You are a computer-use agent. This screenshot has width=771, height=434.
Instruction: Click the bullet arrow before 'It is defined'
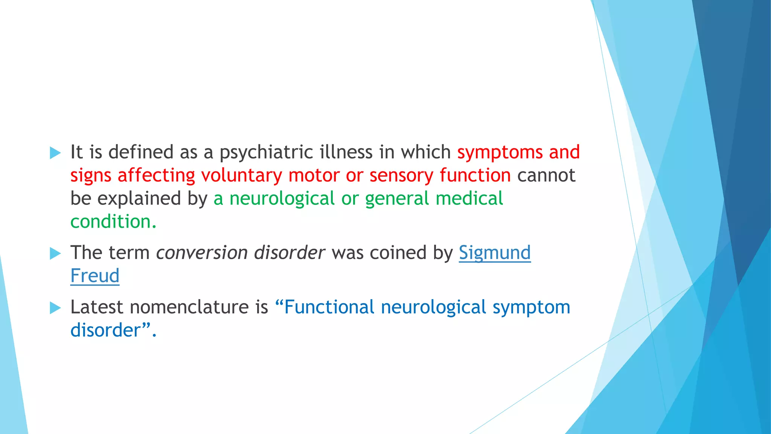pyautogui.click(x=55, y=153)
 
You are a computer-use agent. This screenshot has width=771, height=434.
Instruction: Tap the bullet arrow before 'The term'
pyautogui.click(x=55, y=254)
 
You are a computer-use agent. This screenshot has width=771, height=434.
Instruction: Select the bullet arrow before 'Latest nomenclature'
pyautogui.click(x=55, y=308)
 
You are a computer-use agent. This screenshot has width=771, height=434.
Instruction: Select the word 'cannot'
pyautogui.click(x=546, y=176)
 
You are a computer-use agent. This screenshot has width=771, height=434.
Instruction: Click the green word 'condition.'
pyautogui.click(x=113, y=222)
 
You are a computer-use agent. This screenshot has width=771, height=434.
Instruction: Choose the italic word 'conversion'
pyautogui.click(x=201, y=253)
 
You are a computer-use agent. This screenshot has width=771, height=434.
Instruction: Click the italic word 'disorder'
pyautogui.click(x=289, y=253)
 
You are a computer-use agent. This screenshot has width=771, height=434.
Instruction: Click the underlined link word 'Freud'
pyautogui.click(x=95, y=276)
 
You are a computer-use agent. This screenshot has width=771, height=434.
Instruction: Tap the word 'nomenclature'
pyautogui.click(x=189, y=307)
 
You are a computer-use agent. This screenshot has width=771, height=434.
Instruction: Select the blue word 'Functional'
pyautogui.click(x=329, y=307)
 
